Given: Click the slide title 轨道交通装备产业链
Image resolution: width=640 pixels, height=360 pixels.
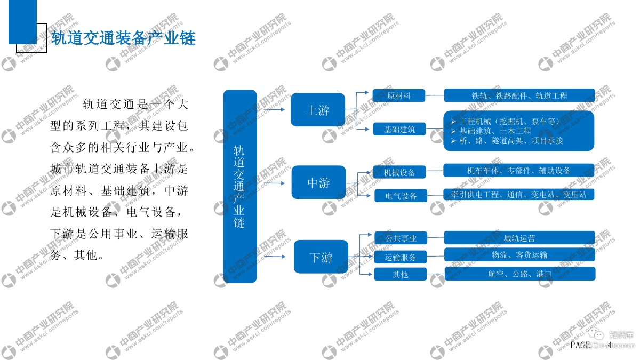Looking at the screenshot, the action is pyautogui.click(x=123, y=38).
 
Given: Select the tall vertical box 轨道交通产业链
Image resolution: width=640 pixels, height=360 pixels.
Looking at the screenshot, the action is pyautogui.click(x=239, y=186).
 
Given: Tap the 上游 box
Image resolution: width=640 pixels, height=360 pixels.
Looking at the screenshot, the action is pyautogui.click(x=318, y=110).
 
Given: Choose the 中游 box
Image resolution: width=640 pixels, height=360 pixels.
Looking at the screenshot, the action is pyautogui.click(x=318, y=183).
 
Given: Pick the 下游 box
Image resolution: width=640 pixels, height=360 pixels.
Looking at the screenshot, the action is pyautogui.click(x=321, y=257).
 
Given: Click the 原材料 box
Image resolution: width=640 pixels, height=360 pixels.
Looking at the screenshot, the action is pyautogui.click(x=399, y=96).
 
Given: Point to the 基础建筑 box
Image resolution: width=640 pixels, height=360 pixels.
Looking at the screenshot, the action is pyautogui.click(x=399, y=129).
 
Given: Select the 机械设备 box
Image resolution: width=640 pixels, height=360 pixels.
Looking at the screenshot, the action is pyautogui.click(x=400, y=172).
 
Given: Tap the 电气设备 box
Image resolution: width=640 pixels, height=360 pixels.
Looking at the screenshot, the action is pyautogui.click(x=402, y=196).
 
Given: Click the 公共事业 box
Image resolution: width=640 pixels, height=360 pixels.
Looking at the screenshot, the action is pyautogui.click(x=401, y=238).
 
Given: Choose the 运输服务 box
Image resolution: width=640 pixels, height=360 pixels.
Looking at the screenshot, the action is pyautogui.click(x=401, y=257).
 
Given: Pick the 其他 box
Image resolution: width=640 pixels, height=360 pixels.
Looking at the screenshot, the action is pyautogui.click(x=401, y=274).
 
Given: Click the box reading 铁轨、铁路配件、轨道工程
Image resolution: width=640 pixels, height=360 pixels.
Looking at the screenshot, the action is pyautogui.click(x=519, y=96).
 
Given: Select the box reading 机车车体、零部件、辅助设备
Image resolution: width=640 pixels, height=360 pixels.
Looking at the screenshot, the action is pyautogui.click(x=519, y=171).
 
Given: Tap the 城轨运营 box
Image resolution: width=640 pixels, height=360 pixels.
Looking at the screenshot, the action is pyautogui.click(x=519, y=238).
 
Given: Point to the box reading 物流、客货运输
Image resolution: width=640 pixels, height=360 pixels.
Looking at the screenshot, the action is pyautogui.click(x=519, y=255).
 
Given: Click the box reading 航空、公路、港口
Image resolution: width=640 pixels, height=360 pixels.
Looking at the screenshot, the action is pyautogui.click(x=519, y=274).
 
